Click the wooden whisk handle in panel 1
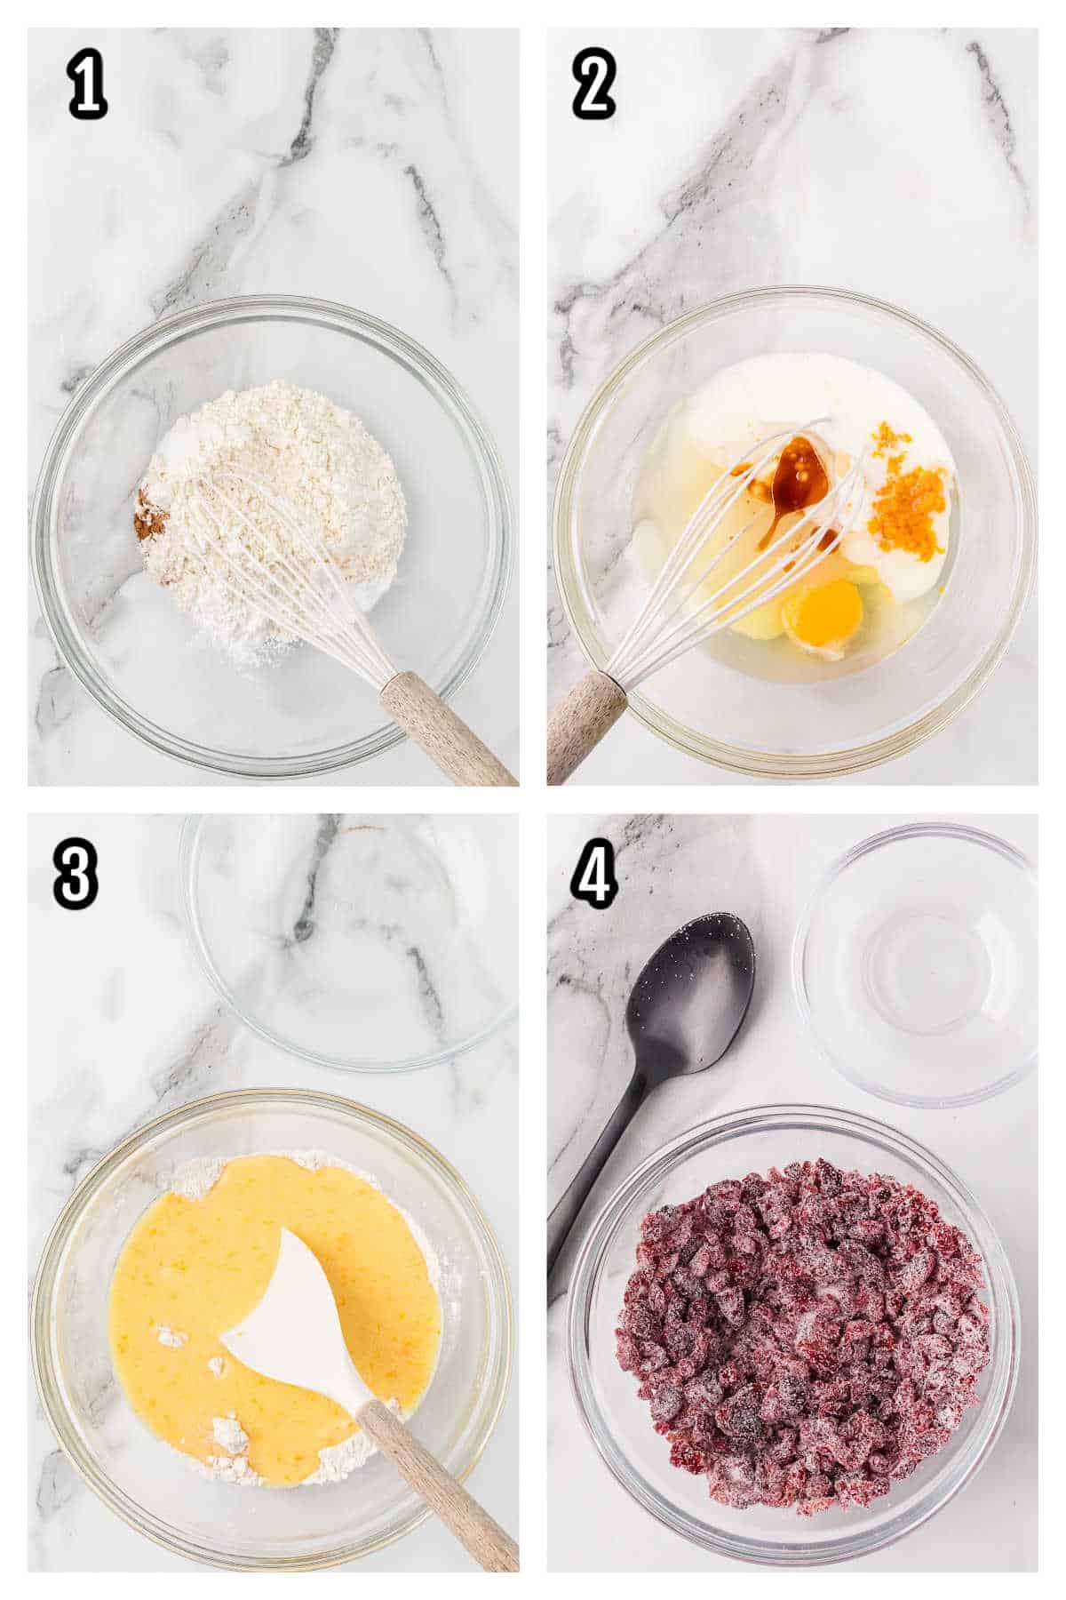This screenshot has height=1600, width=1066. point(444,724)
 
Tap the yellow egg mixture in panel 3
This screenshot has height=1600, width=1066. point(231,1244)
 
